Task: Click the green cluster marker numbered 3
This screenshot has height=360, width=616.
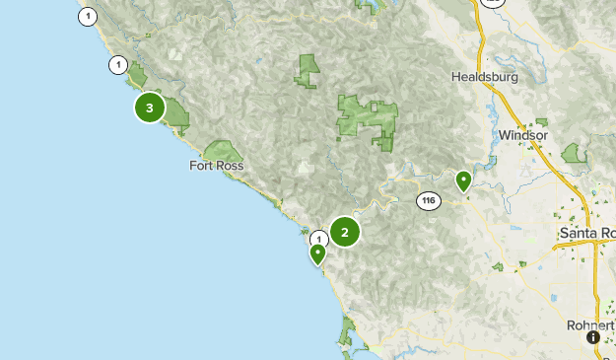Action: point(149,108)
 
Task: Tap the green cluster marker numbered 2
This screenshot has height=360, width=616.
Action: point(345,232)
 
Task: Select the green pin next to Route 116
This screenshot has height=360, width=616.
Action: point(463,181)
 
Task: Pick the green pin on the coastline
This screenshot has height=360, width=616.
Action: point(317,254)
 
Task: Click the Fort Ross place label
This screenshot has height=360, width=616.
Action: point(216,167)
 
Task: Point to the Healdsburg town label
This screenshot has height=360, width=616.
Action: point(484,76)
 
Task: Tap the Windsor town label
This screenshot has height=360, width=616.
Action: point(522,135)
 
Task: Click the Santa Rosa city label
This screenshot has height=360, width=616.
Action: point(586,233)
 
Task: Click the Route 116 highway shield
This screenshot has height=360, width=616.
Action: point(427,200)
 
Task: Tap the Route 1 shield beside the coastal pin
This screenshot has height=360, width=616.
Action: point(318,239)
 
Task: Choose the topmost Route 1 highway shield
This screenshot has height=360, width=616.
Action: point(89,16)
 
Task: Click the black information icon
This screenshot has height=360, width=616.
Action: point(593,337)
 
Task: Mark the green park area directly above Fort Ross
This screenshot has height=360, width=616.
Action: point(224,152)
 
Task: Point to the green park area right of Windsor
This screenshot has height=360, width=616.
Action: point(573,153)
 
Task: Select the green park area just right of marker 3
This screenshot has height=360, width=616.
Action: point(176,112)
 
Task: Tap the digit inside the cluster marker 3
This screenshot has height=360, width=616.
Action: point(149,108)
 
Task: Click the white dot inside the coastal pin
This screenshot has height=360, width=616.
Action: point(317,252)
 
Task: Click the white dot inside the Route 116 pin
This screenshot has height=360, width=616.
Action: point(463,180)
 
